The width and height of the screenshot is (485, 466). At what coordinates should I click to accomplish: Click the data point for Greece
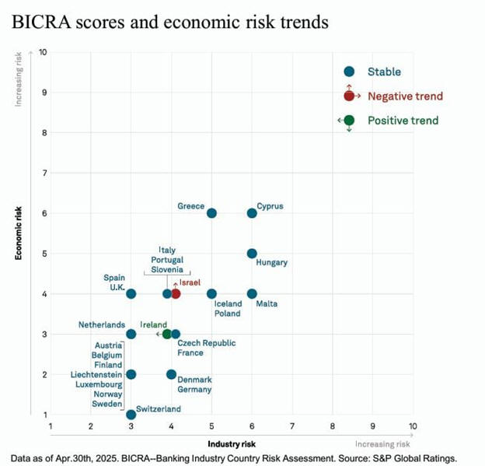(x=211, y=213)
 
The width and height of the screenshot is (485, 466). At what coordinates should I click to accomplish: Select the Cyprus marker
(x=252, y=213)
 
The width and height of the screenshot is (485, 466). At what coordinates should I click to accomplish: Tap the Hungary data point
(x=252, y=254)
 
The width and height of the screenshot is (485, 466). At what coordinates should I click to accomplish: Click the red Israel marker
(x=176, y=293)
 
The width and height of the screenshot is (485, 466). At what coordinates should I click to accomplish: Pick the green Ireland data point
(x=167, y=334)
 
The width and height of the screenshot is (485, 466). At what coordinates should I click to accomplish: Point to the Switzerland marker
(x=131, y=415)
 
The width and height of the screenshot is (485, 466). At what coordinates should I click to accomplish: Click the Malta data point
(x=252, y=293)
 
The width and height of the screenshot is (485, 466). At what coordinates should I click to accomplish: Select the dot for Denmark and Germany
(x=171, y=374)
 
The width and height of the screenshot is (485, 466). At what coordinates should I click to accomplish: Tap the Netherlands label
(x=102, y=324)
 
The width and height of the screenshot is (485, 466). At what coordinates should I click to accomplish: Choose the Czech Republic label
(x=207, y=343)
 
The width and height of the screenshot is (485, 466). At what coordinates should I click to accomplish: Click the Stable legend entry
(x=384, y=72)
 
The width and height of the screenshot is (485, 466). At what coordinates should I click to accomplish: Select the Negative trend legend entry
(x=404, y=96)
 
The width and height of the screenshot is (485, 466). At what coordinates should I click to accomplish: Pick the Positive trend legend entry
(x=403, y=120)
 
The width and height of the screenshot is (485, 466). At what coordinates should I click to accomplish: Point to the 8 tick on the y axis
(x=44, y=132)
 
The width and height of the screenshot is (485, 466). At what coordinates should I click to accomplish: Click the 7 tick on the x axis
(x=292, y=426)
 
